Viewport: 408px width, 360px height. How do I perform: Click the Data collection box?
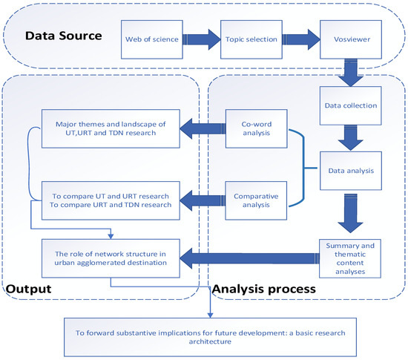(x=349, y=106)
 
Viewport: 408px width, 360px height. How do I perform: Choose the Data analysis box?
(x=349, y=170)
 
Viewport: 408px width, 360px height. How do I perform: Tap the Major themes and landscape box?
(x=109, y=128)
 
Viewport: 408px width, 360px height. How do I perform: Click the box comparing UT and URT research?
(x=109, y=200)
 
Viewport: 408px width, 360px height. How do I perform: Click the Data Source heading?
(x=65, y=35)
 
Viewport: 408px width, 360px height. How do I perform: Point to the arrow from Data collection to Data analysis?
(x=349, y=137)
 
